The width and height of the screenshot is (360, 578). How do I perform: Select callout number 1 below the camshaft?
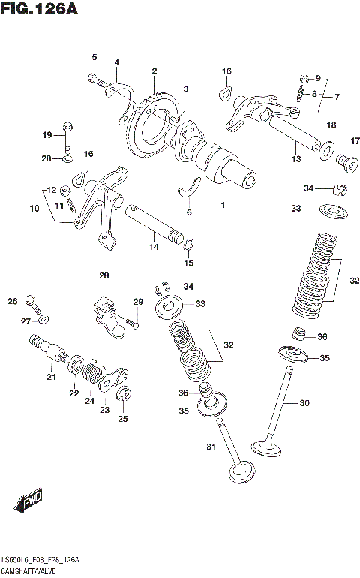point(222,204)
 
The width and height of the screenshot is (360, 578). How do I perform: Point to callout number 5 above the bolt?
point(94,57)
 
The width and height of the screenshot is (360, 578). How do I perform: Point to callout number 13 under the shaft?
point(295,159)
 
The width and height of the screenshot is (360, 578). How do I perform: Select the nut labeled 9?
point(304,78)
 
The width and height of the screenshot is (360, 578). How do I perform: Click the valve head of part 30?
point(267,449)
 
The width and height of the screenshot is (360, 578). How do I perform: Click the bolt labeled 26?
point(32,303)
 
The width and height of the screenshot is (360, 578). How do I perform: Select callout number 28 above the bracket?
point(103,276)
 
